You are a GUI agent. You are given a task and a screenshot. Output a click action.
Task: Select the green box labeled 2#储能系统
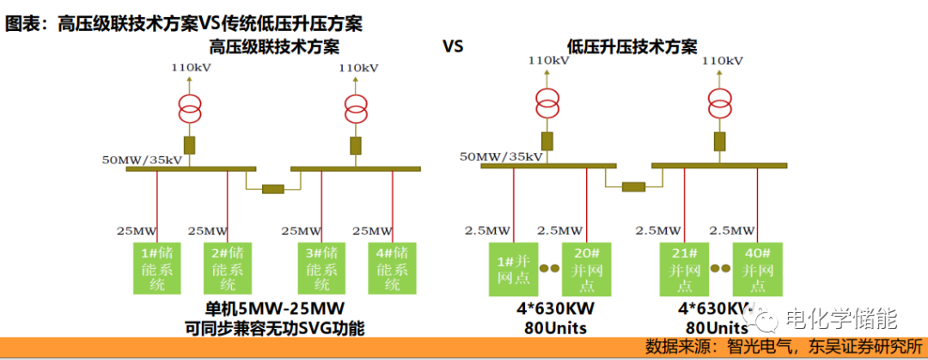click(x=228, y=268)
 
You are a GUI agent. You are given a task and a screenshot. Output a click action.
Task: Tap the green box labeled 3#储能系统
click(x=322, y=268)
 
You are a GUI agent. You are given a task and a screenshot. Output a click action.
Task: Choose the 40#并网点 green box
click(x=757, y=268)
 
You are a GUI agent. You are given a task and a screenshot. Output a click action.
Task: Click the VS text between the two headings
click(x=453, y=46)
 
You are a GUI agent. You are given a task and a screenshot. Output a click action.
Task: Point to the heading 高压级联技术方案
click(x=274, y=46)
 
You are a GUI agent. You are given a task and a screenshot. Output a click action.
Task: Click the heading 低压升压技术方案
click(x=632, y=46)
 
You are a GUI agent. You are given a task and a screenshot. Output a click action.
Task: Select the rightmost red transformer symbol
click(x=721, y=104)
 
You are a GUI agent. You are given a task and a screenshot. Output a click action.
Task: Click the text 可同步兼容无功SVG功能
click(x=274, y=328)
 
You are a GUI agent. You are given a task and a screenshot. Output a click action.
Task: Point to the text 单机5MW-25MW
click(x=274, y=308)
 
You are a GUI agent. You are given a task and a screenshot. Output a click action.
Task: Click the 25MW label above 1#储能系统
click(x=137, y=230)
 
